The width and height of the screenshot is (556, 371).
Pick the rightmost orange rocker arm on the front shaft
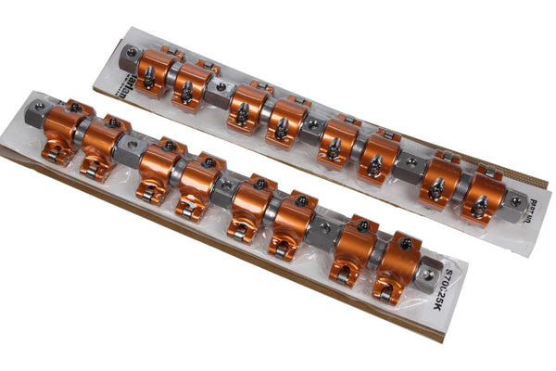click(397, 265)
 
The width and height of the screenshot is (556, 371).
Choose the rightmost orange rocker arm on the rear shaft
click(483, 194)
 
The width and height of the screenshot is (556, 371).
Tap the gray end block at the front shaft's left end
click(40, 115)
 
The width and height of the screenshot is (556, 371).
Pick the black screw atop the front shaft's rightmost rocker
click(406, 244)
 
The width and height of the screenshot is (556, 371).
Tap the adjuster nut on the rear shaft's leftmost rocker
click(149, 78)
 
